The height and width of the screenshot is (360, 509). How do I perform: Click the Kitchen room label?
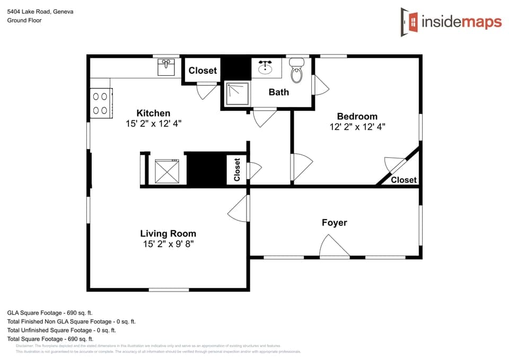pos(153,113)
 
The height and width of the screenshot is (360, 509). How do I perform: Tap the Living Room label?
pos(168,233)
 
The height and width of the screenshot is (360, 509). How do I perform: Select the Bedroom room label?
pos(357,116)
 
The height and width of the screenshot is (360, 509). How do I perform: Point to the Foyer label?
pos(334,223)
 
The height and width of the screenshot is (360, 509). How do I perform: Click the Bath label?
pos(278,92)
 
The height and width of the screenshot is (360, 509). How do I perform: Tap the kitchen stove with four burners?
pos(101,103)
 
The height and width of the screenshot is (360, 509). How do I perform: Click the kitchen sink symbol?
pos(166,67)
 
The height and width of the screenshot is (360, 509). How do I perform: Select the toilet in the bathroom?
pos(296,72)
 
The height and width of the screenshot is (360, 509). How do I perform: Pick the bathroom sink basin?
pos(265,68)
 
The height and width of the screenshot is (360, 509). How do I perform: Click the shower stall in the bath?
pos(236,94)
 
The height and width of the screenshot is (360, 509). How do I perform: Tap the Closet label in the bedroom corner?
pos(403,180)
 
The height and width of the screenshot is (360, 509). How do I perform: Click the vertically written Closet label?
pos(237,170)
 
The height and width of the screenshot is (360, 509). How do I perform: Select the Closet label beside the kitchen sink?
pos(203,71)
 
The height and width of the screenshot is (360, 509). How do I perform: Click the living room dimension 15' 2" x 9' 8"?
pos(168,244)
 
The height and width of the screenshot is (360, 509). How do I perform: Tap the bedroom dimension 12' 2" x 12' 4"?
pos(357,127)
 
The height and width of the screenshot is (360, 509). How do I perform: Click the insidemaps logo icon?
pos(409,22)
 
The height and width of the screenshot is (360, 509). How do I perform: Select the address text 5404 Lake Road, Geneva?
pos(40,11)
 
